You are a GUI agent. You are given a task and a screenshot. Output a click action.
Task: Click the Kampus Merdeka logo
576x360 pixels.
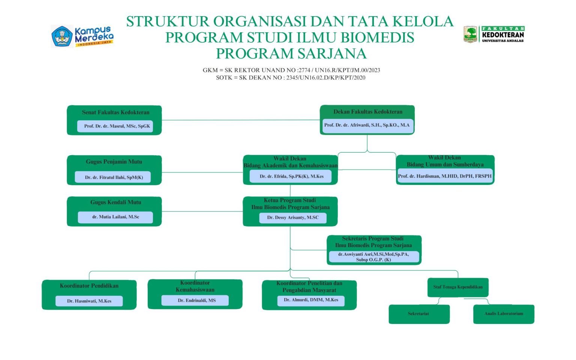(82, 36)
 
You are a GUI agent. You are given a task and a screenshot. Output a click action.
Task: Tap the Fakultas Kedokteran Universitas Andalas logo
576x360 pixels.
(493, 34)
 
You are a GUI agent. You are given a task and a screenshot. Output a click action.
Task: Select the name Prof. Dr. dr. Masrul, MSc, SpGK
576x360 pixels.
(117, 126)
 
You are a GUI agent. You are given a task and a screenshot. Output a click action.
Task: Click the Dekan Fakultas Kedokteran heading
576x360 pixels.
(367, 112)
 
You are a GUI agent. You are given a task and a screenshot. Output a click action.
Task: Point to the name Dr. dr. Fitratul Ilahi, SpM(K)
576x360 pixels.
(114, 177)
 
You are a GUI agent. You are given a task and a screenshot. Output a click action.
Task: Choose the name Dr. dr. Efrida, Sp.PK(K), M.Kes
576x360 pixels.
(291, 176)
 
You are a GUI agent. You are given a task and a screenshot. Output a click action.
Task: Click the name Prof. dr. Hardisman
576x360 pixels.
(445, 176)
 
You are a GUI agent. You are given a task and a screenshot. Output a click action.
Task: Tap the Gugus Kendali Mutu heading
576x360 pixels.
(115, 202)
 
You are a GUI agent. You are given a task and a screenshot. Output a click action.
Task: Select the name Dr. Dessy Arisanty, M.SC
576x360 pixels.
(292, 217)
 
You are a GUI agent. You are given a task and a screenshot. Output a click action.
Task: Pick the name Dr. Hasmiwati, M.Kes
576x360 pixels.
(89, 301)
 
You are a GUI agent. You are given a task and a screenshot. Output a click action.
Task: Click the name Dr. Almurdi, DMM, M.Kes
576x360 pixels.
(311, 300)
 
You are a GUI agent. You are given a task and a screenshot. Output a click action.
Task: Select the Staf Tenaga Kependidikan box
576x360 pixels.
(458, 287)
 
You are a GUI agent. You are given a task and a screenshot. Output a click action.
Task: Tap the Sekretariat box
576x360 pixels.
(418, 314)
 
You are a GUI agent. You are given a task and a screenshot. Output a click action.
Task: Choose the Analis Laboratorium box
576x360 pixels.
(503, 314)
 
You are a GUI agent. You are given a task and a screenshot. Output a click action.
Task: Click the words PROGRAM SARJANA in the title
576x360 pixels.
(291, 54)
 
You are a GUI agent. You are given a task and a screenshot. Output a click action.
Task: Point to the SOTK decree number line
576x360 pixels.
(291, 78)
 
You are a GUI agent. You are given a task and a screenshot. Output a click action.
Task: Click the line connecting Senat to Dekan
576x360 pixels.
(240, 120)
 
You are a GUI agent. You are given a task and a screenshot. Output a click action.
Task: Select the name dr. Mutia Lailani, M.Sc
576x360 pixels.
(115, 217)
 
